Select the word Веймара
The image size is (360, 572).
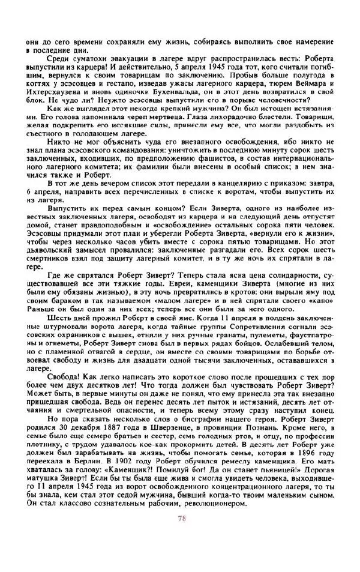[x=306, y=86]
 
